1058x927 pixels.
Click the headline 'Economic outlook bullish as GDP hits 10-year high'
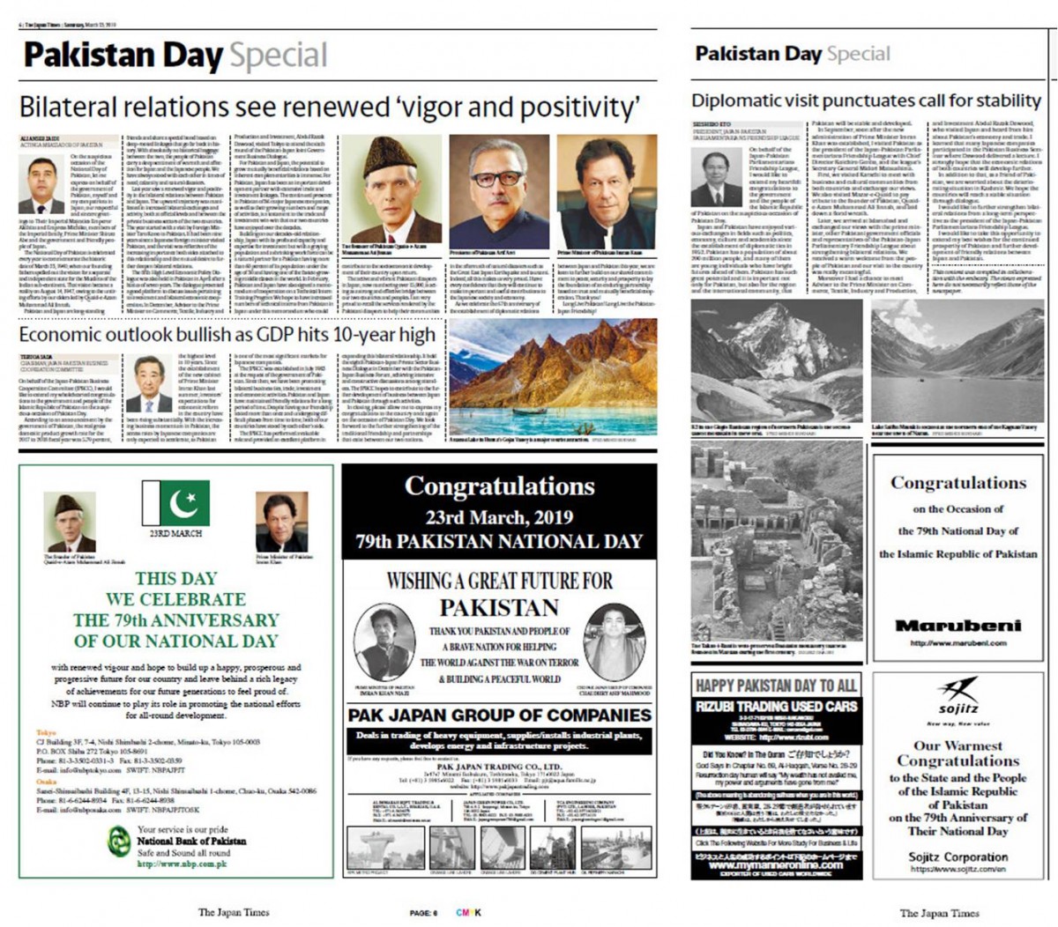227,335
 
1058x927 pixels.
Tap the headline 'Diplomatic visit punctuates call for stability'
866,100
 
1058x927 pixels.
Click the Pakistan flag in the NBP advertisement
175,503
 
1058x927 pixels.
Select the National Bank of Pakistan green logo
119,844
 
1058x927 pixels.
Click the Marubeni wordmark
957,626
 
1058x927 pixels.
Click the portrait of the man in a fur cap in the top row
390,191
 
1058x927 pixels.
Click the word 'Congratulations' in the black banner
499,486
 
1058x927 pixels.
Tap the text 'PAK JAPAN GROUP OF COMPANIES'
499,715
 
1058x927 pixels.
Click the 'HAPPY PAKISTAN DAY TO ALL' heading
776,686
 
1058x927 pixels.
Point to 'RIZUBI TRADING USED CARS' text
776,707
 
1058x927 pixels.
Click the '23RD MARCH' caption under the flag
175,533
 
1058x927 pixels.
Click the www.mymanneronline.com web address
776,864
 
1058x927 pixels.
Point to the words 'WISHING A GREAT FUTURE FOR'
499,581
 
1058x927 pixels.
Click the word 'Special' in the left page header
279,56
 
